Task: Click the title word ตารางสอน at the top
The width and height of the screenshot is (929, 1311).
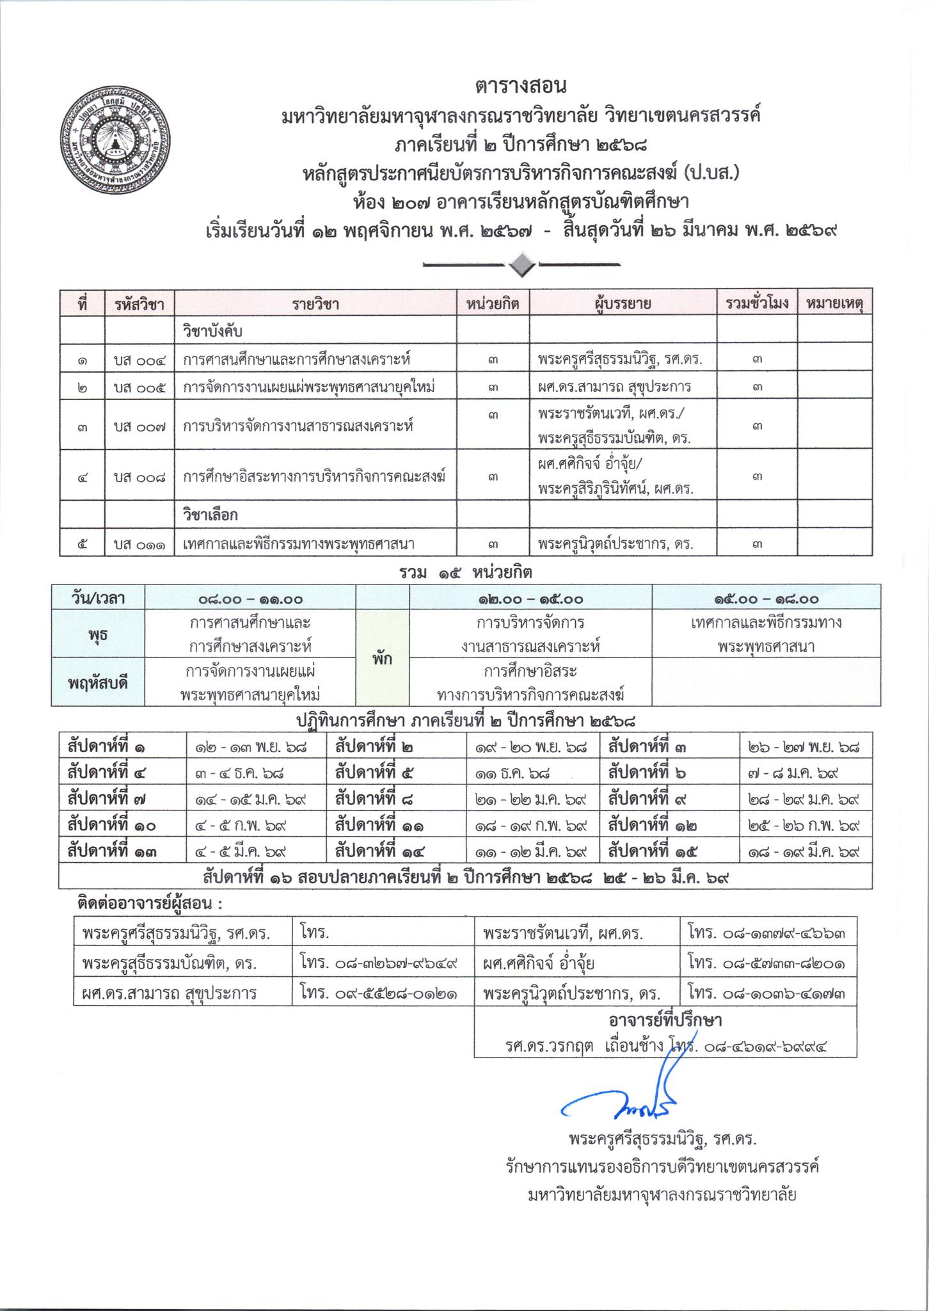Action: coord(521,85)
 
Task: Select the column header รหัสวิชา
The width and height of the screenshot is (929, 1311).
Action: coord(139,303)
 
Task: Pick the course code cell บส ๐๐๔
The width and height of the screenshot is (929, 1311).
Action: coord(139,360)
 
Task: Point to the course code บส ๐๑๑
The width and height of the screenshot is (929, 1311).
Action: coord(139,545)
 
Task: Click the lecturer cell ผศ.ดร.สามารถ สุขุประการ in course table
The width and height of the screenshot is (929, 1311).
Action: coord(614,387)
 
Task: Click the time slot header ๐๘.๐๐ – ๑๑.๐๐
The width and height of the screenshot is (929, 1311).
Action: coord(250,599)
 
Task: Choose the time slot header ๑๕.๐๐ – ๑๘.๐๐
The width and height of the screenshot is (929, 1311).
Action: coord(766,599)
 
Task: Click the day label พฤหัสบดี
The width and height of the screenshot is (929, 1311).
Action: coord(98,682)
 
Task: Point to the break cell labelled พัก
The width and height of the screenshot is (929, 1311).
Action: coord(383,658)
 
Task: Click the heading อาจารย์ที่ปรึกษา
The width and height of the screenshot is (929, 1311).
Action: coord(665,1019)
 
